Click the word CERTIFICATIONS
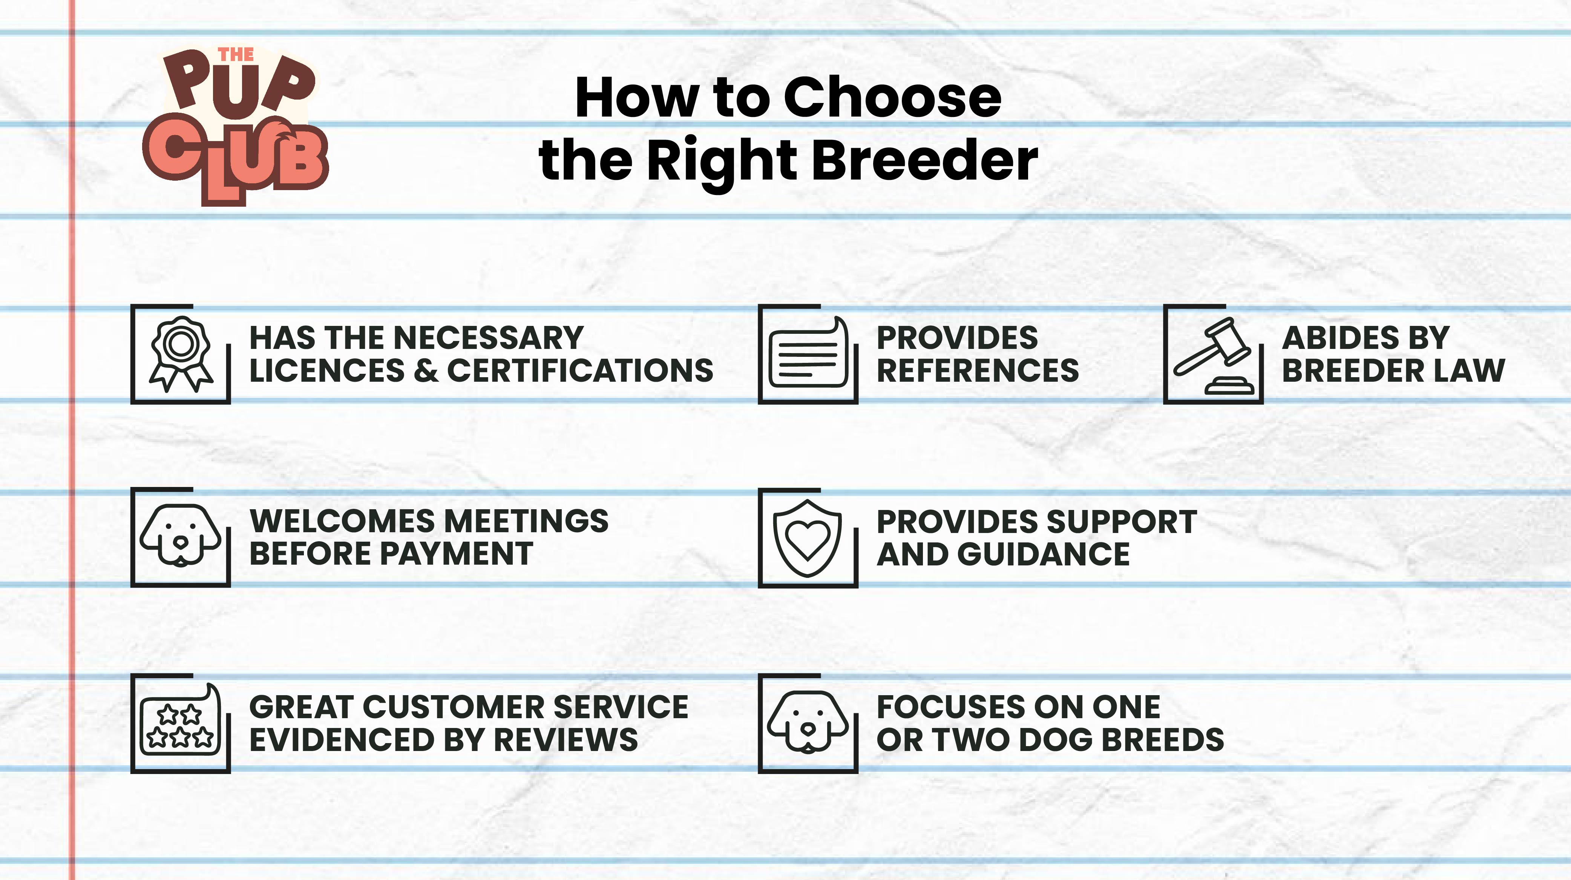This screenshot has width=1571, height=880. [580, 370]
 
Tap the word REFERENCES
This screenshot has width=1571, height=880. [978, 370]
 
